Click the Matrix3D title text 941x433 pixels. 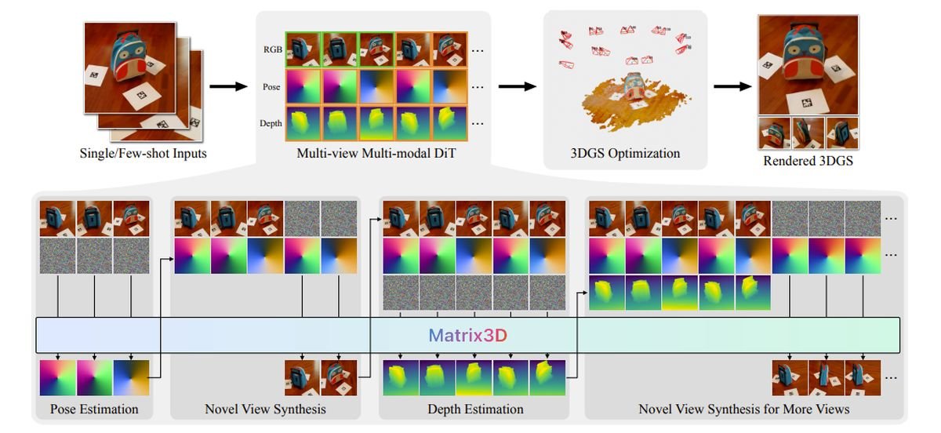pos(467,336)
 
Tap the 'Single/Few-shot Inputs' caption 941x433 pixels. pos(144,154)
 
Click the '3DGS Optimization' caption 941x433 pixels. pos(625,154)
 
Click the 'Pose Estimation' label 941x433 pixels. pos(94,409)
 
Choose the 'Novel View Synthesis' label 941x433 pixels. pos(265,409)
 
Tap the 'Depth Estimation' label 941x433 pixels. pos(475,409)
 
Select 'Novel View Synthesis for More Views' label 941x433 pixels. pos(743,409)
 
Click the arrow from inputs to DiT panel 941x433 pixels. pos(228,85)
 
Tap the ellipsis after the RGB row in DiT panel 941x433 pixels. pos(478,51)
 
